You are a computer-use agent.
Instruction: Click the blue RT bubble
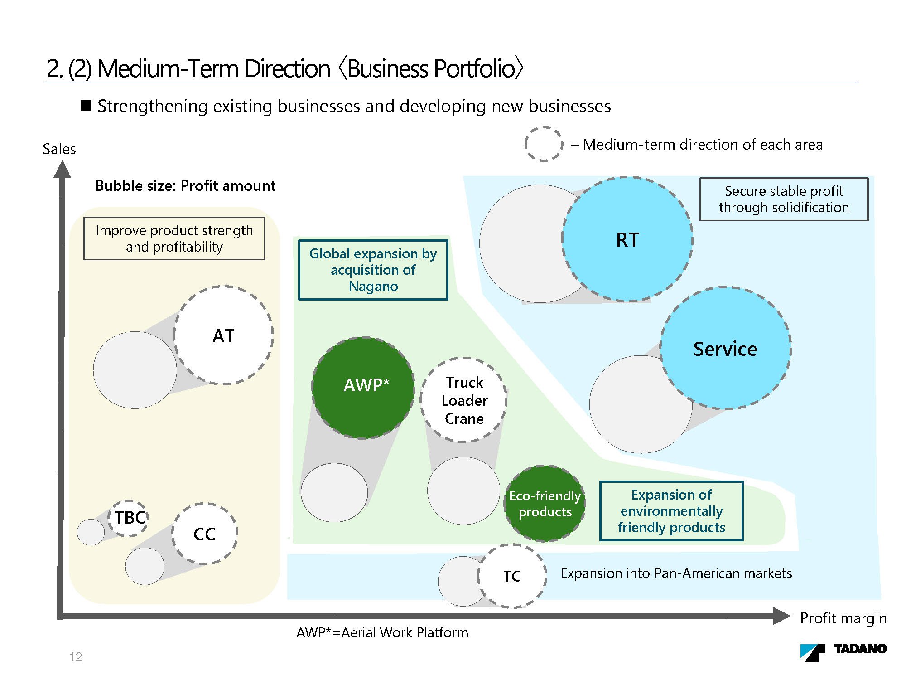tap(627, 239)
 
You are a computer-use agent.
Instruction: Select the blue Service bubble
tap(725, 348)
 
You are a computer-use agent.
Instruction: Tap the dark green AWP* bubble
tap(363, 388)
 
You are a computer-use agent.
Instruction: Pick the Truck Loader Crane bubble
tap(464, 400)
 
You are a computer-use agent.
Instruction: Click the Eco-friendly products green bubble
tap(545, 503)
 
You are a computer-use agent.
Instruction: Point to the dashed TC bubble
tap(512, 576)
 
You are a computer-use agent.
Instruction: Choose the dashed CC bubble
tap(205, 534)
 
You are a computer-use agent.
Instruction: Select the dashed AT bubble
tap(223, 335)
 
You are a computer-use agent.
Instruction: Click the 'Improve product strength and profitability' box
tap(174, 238)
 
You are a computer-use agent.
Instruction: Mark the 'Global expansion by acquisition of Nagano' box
tap(373, 270)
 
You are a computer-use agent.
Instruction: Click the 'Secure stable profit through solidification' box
tap(784, 199)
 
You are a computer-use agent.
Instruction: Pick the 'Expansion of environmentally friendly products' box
tap(671, 511)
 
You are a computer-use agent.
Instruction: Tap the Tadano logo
tap(843, 651)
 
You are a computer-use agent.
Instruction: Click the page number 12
tap(76, 656)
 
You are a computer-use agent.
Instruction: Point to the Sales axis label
tap(59, 149)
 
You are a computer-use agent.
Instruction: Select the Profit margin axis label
tap(843, 618)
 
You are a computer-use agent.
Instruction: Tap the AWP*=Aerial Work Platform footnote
tap(382, 632)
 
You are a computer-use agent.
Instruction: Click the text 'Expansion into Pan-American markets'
tap(676, 573)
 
